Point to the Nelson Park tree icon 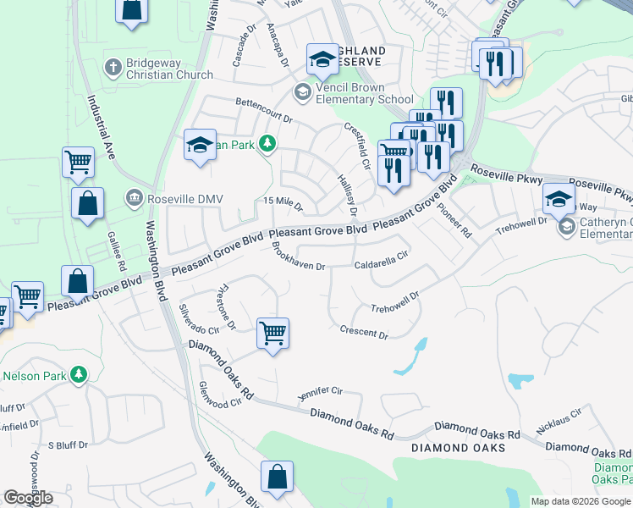click(79, 374)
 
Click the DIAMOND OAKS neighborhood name click(458, 447)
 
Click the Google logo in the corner click(28, 497)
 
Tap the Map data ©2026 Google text click(581, 501)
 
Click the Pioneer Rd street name click(454, 219)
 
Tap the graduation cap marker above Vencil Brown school click(322, 58)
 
